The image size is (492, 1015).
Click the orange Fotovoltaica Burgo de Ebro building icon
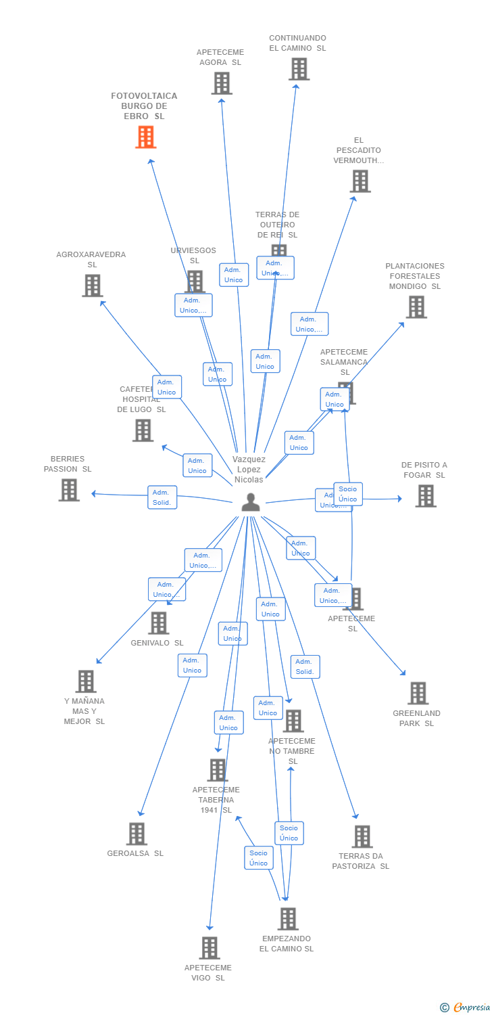tap(145, 137)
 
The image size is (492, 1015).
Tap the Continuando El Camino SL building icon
tap(299, 69)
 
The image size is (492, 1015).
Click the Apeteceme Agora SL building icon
tap(221, 83)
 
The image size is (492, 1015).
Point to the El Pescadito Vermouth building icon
tap(360, 181)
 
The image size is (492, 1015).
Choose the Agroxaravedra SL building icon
tap(93, 286)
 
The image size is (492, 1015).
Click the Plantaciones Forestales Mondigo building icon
tap(416, 307)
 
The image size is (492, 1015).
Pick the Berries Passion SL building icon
tap(69, 490)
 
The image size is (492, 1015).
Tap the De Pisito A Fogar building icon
tap(425, 496)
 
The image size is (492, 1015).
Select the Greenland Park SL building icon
tap(418, 694)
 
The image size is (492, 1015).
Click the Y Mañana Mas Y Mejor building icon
tap(86, 681)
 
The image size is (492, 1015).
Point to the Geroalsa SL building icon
tap(137, 834)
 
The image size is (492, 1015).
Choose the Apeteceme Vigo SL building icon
tap(210, 948)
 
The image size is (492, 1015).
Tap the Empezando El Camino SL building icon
tap(288, 919)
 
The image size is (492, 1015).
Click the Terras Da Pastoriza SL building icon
tap(362, 836)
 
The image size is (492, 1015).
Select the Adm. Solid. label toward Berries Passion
tap(162, 497)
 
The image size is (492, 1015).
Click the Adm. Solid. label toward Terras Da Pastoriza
tap(305, 667)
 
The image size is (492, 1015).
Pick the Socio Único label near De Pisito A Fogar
tap(348, 494)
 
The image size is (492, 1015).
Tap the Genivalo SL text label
tap(157, 643)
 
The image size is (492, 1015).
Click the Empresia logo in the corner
tap(466, 1008)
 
